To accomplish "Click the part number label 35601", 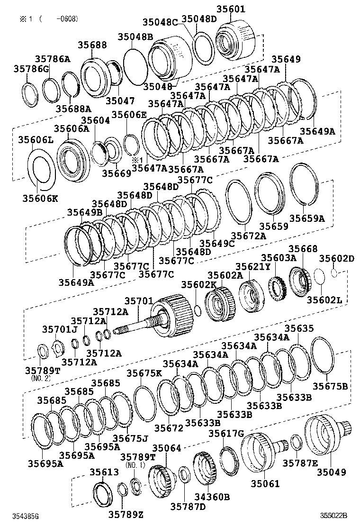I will (x=244, y=9).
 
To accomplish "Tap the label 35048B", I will (x=135, y=36).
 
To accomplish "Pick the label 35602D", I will (x=336, y=258).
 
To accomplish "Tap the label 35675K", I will (x=144, y=373).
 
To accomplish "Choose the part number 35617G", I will (x=226, y=434).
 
